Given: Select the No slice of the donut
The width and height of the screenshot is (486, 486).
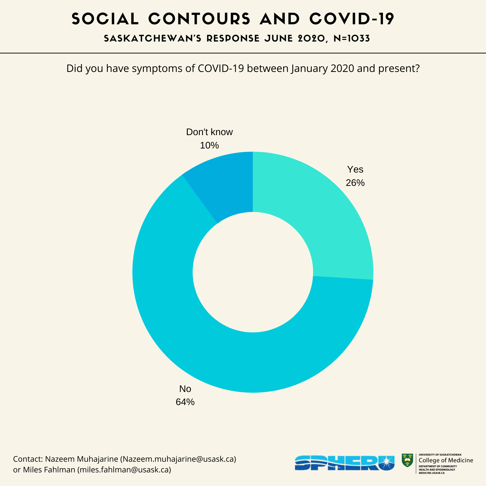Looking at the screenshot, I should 226,352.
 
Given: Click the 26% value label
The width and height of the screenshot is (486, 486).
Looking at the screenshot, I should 355,183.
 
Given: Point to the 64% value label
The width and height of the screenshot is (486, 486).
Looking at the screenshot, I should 185,402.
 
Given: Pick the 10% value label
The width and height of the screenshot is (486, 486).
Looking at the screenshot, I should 209,145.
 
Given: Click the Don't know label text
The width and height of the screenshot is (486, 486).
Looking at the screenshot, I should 209,132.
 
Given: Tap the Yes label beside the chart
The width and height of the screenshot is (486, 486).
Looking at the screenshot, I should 355,170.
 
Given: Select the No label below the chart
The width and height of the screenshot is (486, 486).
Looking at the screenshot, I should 185,389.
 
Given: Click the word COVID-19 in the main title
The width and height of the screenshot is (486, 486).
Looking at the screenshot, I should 351,19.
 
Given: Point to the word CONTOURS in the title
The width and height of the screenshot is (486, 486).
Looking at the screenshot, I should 199,19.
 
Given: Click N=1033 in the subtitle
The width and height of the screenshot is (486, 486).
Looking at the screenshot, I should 352,39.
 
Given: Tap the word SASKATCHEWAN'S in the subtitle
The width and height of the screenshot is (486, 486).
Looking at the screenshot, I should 152,39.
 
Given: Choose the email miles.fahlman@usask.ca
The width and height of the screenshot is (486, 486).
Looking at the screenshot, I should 124,470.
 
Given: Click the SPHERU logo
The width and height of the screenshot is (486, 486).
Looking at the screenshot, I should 344,463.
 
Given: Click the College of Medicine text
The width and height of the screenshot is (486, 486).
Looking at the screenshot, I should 446,460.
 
